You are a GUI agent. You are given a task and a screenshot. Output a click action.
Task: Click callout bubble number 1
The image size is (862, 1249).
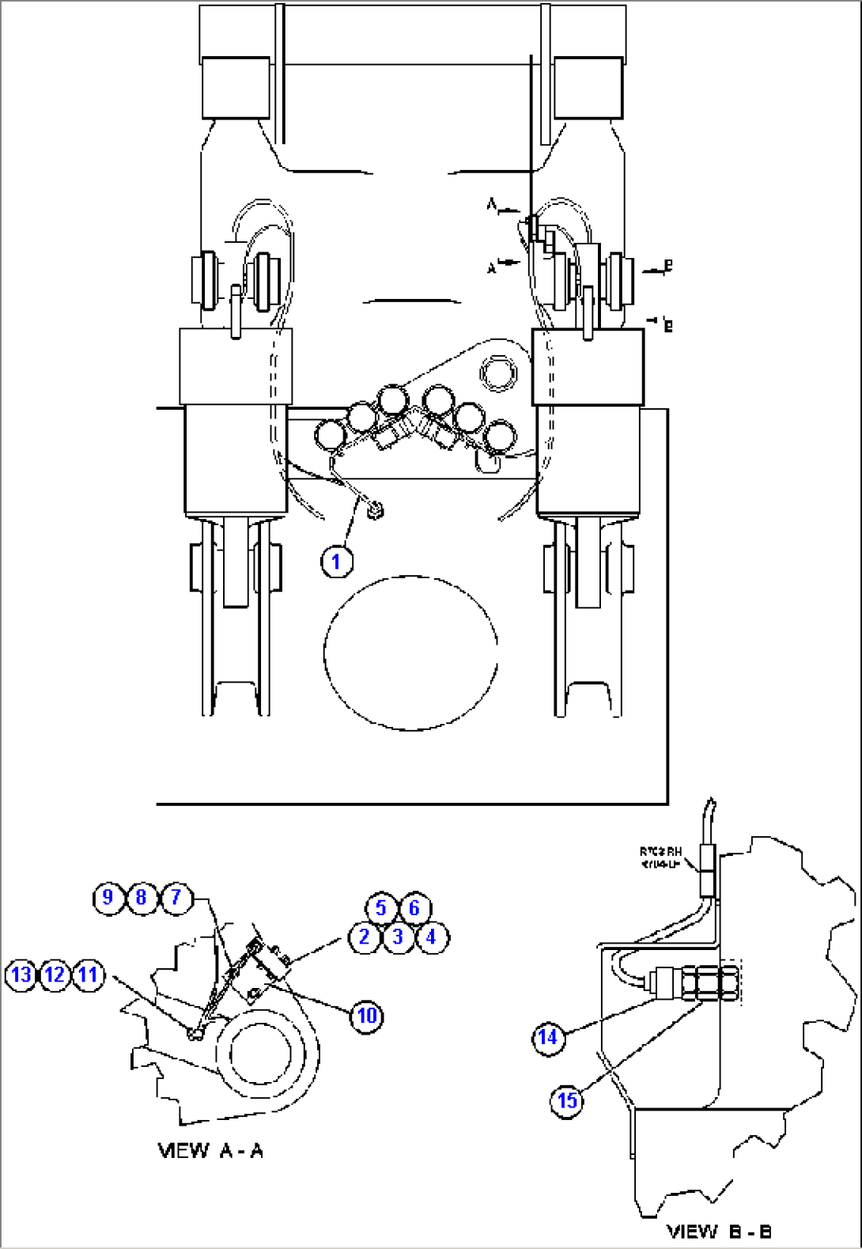point(336,562)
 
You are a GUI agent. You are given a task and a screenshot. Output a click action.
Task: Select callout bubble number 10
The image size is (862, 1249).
point(367,1016)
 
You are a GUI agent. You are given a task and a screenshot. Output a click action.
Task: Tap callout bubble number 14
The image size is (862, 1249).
point(548,1037)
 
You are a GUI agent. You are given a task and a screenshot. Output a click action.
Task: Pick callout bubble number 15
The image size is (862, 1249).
point(567,1100)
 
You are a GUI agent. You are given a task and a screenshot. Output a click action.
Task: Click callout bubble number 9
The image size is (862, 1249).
point(108,898)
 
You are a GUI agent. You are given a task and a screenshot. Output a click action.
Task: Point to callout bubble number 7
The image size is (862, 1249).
point(176,898)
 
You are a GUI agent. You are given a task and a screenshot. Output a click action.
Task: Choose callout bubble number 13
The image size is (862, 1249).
point(21,975)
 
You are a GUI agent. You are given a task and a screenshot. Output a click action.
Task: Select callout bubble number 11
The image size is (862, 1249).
point(88,975)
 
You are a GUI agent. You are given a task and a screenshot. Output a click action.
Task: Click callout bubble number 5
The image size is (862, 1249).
point(380,908)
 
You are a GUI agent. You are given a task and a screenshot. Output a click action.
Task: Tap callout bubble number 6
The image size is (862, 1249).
point(414,908)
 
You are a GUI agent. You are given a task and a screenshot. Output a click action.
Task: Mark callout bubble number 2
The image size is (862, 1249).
point(365,938)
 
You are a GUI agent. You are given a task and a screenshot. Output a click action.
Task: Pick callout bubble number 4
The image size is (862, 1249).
point(431,938)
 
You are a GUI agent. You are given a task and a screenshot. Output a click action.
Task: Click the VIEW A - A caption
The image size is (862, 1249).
point(210,1150)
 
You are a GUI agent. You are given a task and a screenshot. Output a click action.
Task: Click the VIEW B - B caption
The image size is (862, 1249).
point(719,1231)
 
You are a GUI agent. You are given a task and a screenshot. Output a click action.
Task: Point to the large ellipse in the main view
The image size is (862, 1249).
point(410,653)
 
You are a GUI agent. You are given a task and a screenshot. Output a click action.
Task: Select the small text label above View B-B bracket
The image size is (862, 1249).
point(660,857)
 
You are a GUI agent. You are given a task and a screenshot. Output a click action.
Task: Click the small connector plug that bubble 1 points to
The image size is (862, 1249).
point(375,511)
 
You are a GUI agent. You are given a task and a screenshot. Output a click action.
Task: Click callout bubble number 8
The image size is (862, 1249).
point(142,898)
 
